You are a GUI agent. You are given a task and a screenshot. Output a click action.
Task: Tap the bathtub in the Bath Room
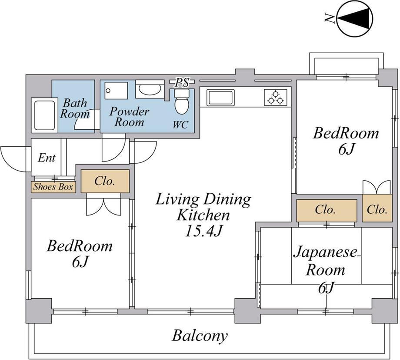(44, 115)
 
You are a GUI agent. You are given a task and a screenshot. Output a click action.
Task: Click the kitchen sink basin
(220, 98)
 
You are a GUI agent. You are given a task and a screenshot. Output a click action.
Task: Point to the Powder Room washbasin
(150, 89)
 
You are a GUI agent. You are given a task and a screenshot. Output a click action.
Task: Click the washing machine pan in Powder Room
(116, 91)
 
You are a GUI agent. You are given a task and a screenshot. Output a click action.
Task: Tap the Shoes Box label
(53, 187)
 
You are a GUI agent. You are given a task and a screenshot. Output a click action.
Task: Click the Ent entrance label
(47, 158)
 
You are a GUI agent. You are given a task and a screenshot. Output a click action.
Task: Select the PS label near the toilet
(183, 82)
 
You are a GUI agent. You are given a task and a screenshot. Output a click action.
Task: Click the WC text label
(180, 124)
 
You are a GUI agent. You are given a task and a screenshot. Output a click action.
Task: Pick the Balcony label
(200, 336)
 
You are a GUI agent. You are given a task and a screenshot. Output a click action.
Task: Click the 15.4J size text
(204, 231)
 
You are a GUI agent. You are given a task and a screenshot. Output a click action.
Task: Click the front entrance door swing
(16, 159)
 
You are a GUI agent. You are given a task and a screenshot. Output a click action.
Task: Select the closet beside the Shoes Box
(105, 181)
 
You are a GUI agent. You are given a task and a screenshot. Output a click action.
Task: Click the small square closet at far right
(377, 208)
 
